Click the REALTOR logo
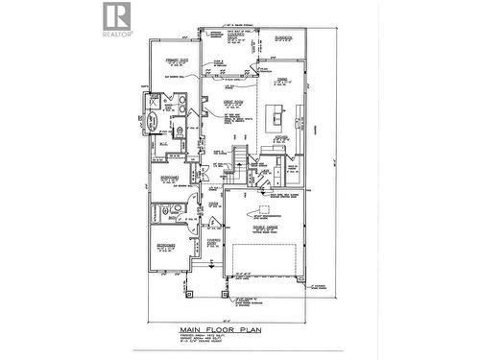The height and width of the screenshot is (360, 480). (x=114, y=18)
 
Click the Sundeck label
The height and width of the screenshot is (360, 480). (x=285, y=38)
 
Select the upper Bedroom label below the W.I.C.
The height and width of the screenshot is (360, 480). (x=169, y=179)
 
